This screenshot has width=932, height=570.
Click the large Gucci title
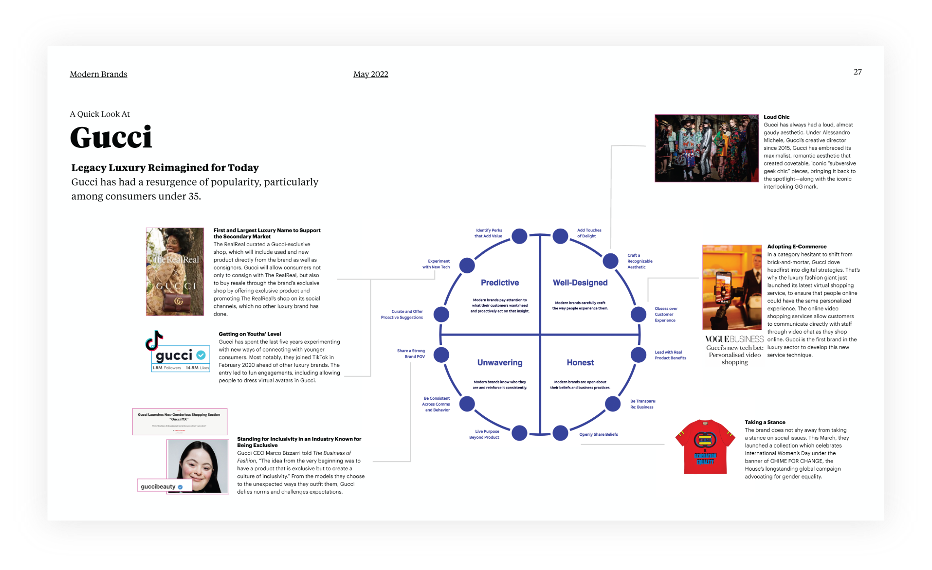coord(111,137)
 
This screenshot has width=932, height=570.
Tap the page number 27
coord(858,72)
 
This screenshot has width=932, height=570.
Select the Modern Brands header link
coord(98,74)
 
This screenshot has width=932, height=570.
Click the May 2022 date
coord(370,74)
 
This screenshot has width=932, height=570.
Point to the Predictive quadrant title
coord(500,283)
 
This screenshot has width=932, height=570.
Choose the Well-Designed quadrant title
coord(580,283)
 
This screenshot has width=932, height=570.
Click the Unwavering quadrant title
coord(500,362)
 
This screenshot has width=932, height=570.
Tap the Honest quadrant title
coord(580,362)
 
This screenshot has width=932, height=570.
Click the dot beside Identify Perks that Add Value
coord(519,236)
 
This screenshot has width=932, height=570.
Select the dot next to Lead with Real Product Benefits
coord(638,355)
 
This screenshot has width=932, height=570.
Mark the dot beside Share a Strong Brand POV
coord(441,355)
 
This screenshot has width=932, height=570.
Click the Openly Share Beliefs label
coord(598,434)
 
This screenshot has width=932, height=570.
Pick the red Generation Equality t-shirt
coord(705,446)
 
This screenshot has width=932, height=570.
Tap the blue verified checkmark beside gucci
coord(201,355)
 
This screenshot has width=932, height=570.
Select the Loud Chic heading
coord(776,117)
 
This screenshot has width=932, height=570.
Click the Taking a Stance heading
coord(765,422)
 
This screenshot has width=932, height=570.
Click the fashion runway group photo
coord(706,148)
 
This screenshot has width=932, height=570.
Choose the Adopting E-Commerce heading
coord(797,247)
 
